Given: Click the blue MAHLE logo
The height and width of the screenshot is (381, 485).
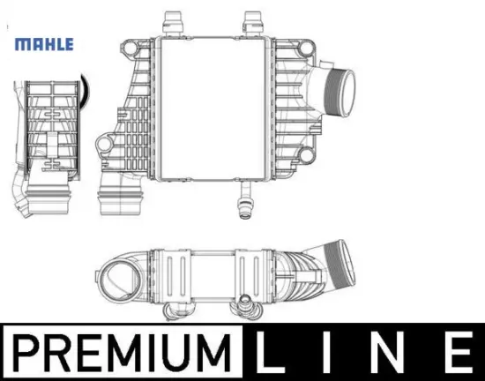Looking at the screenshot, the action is pos(44,44).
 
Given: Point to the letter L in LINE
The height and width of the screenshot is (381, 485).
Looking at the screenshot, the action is pos(270,352).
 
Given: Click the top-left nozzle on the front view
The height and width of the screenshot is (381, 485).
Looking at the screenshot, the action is pos(173,24).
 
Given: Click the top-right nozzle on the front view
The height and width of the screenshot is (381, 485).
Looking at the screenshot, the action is pos(252,24).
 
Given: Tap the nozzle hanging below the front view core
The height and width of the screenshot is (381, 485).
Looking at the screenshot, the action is pos(246,200).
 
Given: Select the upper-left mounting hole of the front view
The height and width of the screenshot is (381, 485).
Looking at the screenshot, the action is pos(128,48).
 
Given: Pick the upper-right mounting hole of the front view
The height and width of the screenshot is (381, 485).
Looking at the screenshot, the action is pos(306,48).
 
